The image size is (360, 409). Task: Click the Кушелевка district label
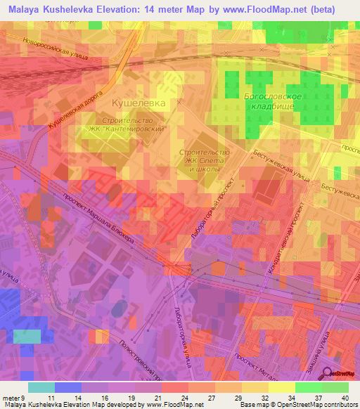pos(139,103)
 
